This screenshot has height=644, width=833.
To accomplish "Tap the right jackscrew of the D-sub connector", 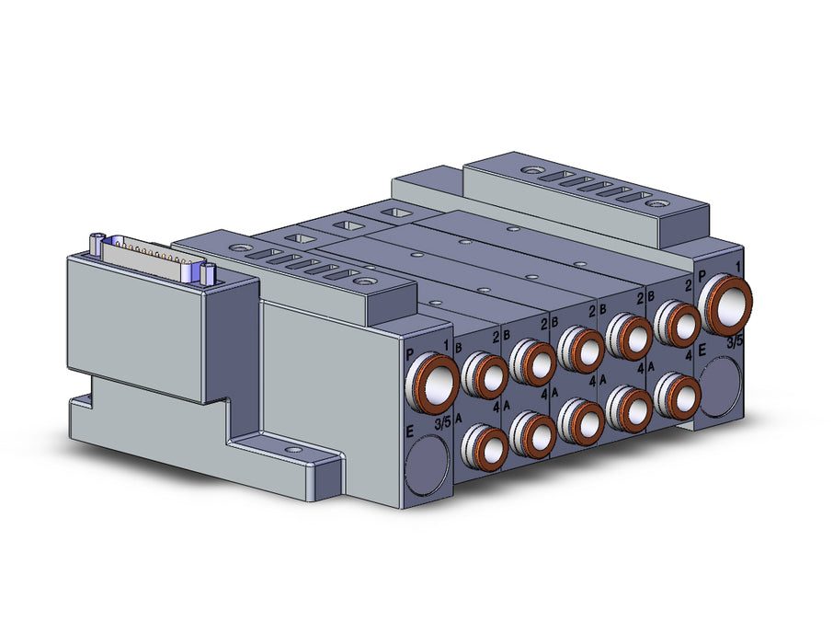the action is [208, 274].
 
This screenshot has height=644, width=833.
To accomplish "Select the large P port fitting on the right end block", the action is [725, 305].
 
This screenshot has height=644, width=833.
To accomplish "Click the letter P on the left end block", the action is [409, 354].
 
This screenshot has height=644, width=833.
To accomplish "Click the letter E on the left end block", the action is [409, 431].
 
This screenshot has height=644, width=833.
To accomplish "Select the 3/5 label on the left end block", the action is [442, 423].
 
